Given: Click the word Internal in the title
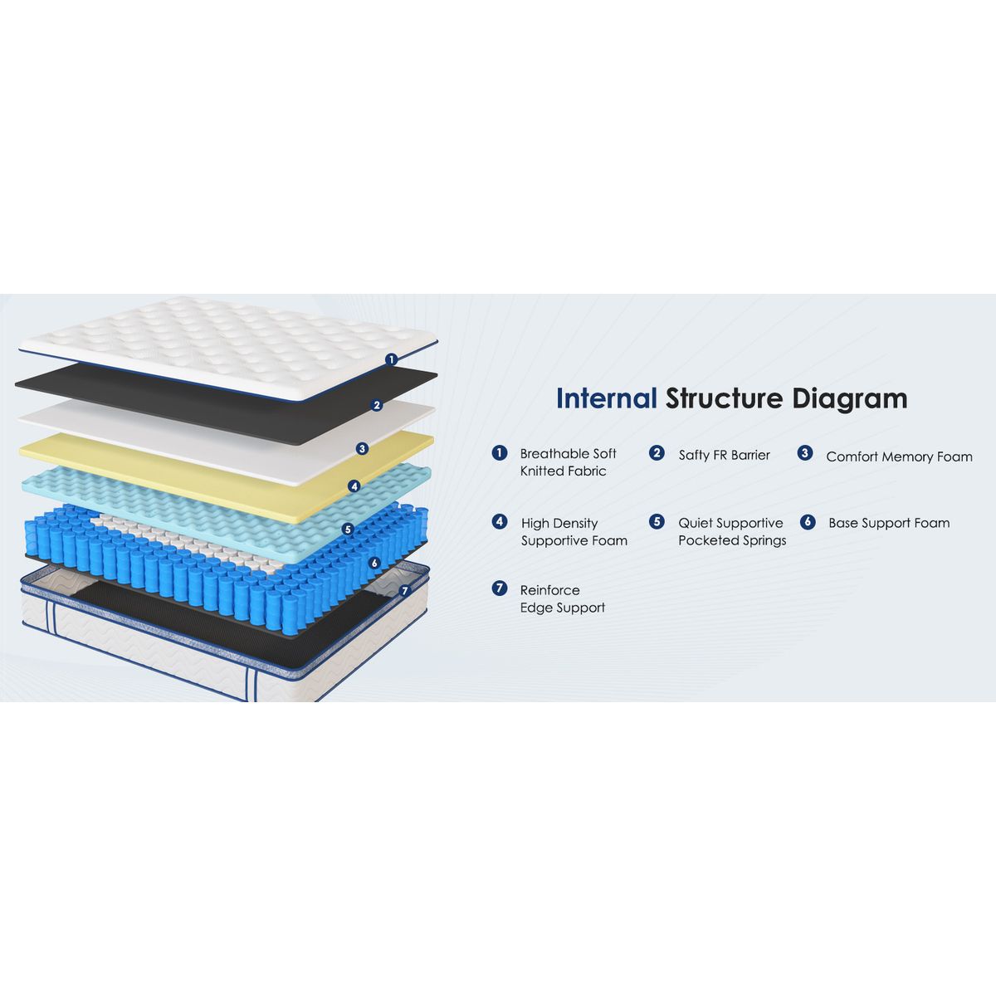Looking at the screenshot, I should [x=606, y=398].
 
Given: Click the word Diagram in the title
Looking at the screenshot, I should [x=849, y=399].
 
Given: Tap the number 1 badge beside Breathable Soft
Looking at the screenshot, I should [x=499, y=453].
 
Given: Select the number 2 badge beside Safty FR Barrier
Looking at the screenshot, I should [x=657, y=453].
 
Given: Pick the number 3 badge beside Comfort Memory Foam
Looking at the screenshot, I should [x=804, y=453].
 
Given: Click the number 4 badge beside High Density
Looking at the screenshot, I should [x=499, y=522].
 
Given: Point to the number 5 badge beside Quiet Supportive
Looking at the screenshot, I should [x=657, y=522].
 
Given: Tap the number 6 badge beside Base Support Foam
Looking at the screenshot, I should [x=808, y=522].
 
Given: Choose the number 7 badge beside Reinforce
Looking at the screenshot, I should [x=499, y=588].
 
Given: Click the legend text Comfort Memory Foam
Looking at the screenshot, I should [x=899, y=456].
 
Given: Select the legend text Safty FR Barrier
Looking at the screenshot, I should [x=724, y=455].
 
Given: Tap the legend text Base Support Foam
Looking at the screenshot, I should [x=889, y=523].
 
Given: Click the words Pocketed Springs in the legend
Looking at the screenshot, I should [x=732, y=541].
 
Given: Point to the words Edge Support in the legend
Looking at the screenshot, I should [x=562, y=608].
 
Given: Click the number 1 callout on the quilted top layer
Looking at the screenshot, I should [x=391, y=359].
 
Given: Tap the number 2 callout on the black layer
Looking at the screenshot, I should [x=377, y=405].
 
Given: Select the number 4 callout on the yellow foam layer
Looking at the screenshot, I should [x=354, y=486].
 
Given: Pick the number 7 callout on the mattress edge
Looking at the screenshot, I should [x=404, y=591].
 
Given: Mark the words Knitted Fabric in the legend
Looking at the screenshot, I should [x=563, y=471].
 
